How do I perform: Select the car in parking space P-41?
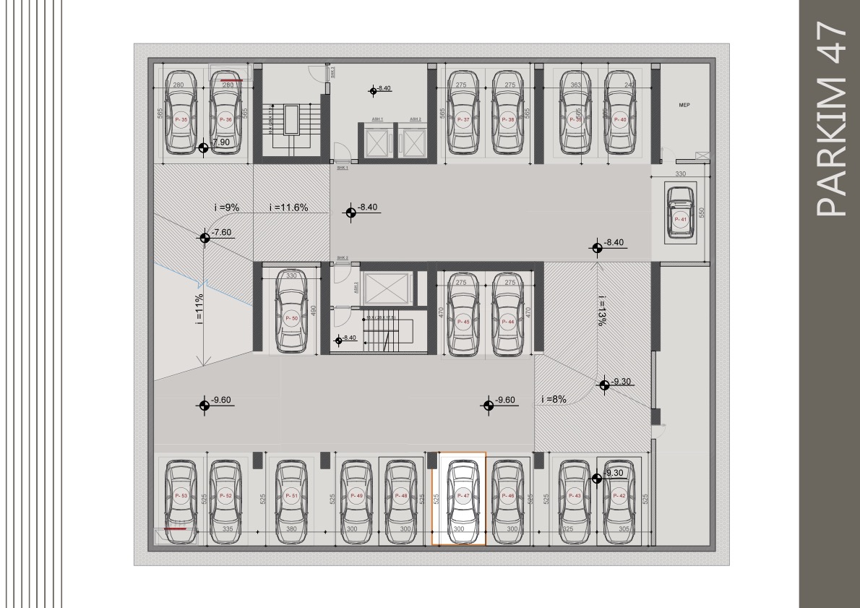point(679,212)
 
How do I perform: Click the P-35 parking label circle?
point(181,119)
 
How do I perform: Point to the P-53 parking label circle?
point(181,496)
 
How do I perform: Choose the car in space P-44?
point(509,317)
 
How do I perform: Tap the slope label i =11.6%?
point(288,208)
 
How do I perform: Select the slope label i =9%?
point(227,208)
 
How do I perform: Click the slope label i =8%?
point(554,399)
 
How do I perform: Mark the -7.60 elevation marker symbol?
point(205,236)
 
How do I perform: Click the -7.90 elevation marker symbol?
point(205,147)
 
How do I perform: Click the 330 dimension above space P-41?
point(680,174)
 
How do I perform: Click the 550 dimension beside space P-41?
point(700,212)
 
